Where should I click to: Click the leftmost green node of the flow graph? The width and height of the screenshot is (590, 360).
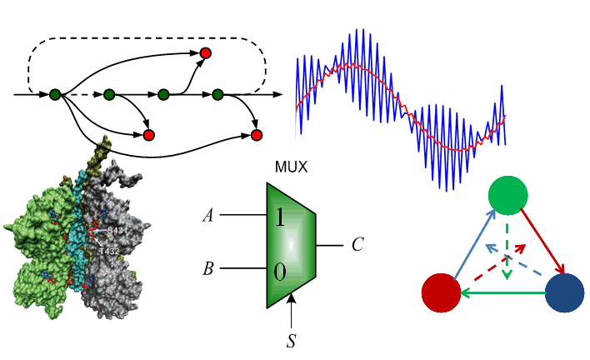55,94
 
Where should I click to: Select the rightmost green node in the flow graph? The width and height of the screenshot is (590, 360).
218,94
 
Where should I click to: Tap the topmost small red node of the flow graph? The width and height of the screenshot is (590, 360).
205,53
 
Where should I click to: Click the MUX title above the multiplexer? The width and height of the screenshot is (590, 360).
291,167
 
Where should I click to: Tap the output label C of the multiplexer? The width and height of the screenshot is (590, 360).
357,245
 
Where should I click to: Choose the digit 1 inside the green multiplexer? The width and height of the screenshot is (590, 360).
280,218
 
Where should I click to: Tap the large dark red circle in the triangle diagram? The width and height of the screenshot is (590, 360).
442,293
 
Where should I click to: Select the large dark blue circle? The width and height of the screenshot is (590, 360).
564,293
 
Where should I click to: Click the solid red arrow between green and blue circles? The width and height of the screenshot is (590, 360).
542,242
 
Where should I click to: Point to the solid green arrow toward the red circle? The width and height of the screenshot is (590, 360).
502,293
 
